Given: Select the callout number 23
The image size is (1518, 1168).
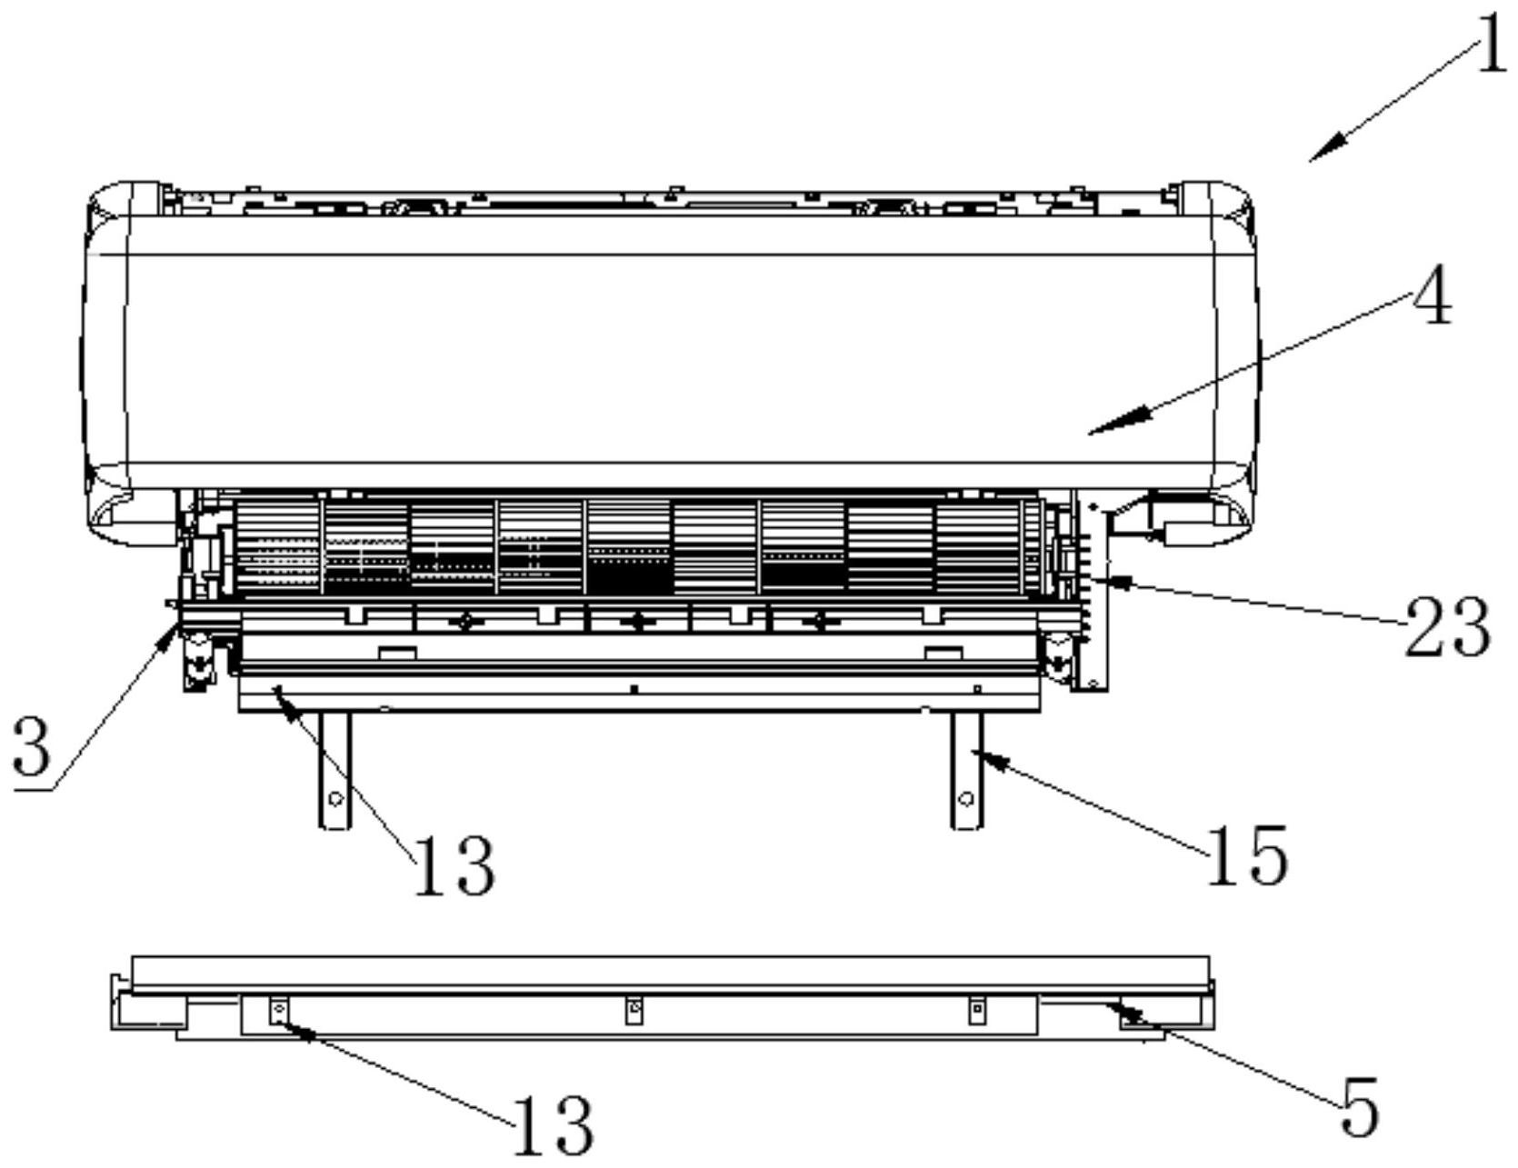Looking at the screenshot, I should point(1447,628).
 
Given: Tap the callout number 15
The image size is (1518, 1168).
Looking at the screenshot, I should point(1246,855).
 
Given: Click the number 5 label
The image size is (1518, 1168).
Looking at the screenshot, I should point(1360,1106).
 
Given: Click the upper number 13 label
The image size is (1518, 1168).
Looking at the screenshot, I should point(454,866).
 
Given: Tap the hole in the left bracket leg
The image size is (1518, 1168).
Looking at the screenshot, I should point(335,799).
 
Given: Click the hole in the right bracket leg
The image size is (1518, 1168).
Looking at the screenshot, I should point(966,799).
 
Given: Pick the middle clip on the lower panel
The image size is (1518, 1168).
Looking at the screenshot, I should point(634,1009).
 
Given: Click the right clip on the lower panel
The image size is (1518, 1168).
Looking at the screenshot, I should point(976,1009).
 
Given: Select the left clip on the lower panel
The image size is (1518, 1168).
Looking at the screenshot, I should point(279,1010).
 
